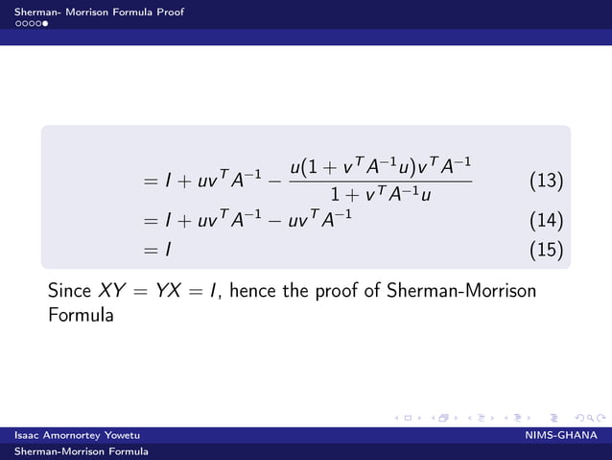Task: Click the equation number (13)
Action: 546,182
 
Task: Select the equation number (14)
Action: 546,220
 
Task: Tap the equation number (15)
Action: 546,251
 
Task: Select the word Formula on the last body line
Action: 81,315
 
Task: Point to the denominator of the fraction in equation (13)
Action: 380,195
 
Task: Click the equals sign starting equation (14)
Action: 150,220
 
